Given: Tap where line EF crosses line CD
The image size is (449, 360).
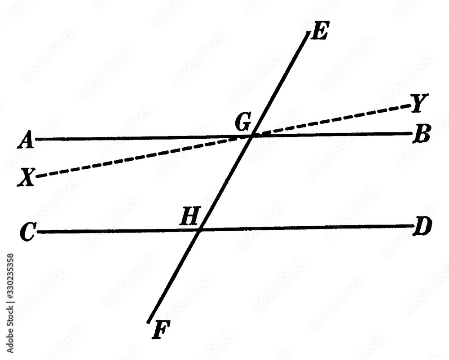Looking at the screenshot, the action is (x=199, y=230).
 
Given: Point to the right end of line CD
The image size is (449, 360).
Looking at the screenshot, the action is (x=411, y=226).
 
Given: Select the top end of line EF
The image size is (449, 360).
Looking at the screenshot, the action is (x=308, y=32).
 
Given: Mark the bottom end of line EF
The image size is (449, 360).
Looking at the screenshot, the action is (x=149, y=321).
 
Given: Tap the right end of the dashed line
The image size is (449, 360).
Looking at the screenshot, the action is (x=409, y=106).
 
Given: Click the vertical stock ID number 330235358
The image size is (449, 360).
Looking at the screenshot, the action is (x=9, y=283).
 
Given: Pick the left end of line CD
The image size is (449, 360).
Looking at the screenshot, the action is (x=39, y=232).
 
